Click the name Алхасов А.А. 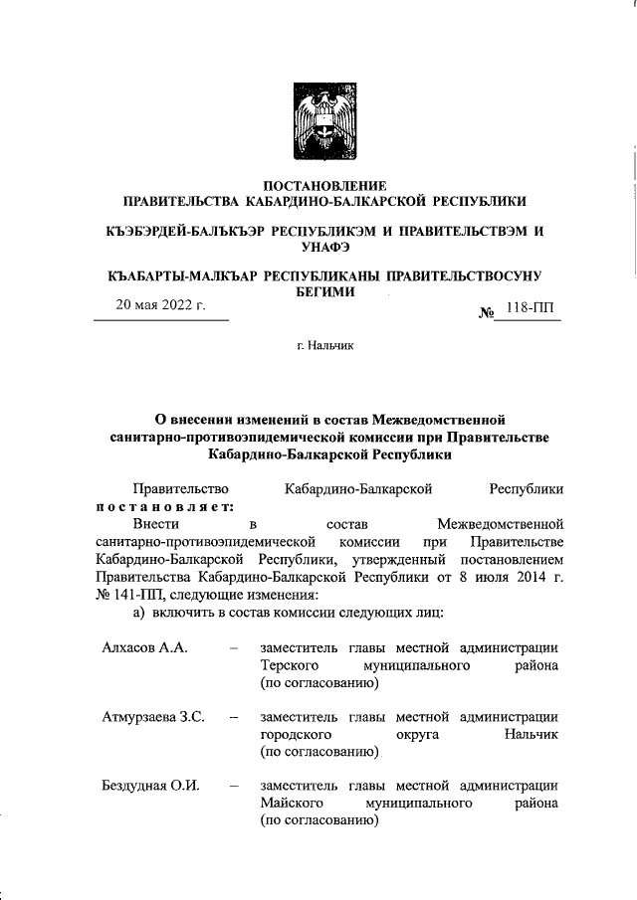coord(145,647)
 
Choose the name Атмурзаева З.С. coord(152,716)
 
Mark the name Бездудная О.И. coord(150,786)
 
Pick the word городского coord(294,734)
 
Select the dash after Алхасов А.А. coord(232,647)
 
